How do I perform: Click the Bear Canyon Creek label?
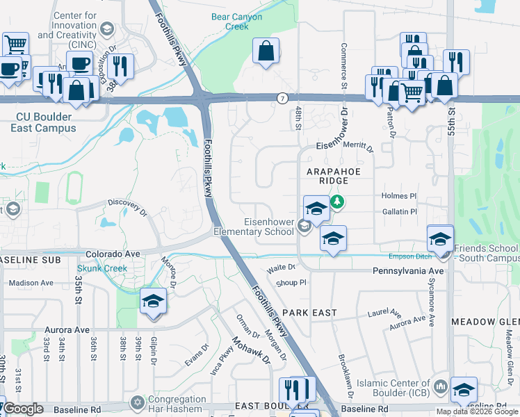coord(229,22)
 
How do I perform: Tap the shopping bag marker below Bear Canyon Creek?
coord(266,51)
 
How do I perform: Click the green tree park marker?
coord(337,202)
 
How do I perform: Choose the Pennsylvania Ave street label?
coord(408,270)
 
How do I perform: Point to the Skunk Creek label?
coord(99,268)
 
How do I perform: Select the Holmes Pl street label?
coord(398,197)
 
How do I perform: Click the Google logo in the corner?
coord(23,408)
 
